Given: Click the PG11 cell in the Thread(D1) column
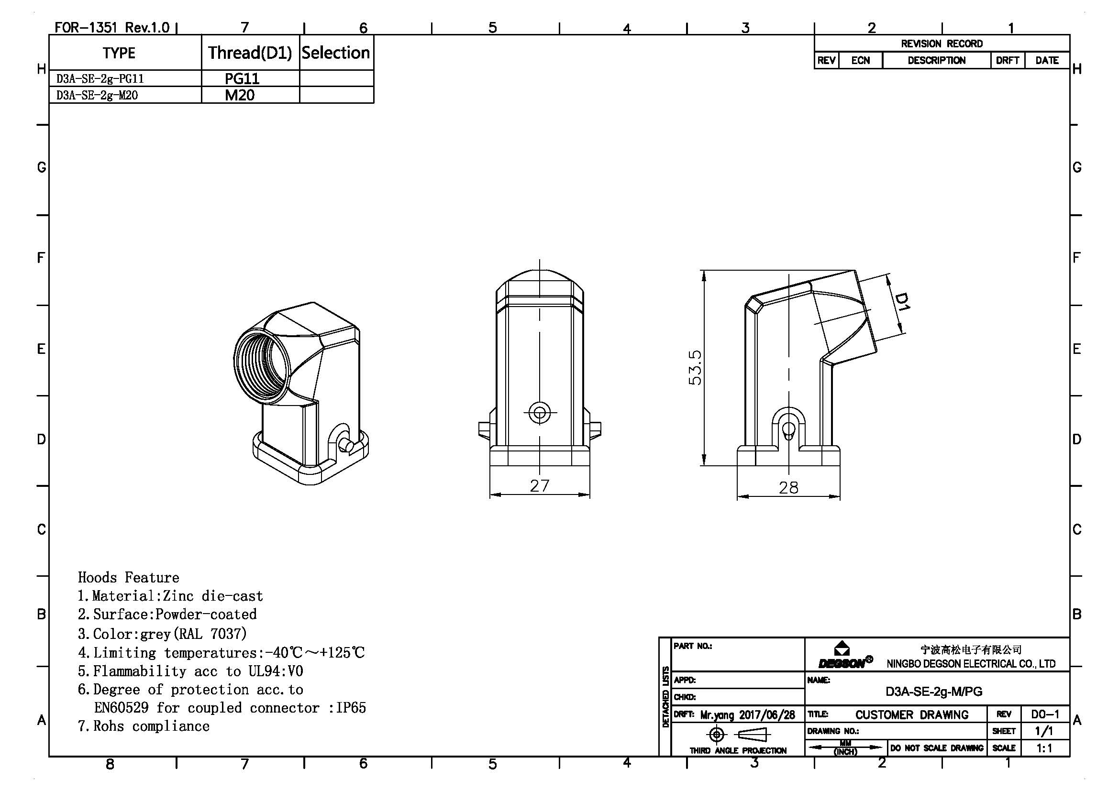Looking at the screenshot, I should pyautogui.click(x=242, y=78).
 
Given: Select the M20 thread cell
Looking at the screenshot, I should pyautogui.click(x=239, y=95).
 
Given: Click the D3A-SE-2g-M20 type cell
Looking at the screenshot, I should pyautogui.click(x=97, y=95).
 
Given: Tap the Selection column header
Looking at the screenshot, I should pyautogui.click(x=336, y=53).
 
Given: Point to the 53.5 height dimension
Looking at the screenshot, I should pyautogui.click(x=695, y=367).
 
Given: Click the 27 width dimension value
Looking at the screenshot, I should pyautogui.click(x=540, y=485).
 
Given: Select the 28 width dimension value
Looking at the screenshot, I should pyautogui.click(x=788, y=487).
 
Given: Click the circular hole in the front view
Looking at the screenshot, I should pyautogui.click(x=540, y=413).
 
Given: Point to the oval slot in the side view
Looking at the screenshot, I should pyautogui.click(x=788, y=430).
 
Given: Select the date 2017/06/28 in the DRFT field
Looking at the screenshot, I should pyautogui.click(x=766, y=715).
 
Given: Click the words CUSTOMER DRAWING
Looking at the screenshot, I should pyautogui.click(x=912, y=714).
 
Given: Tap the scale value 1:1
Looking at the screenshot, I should pyautogui.click(x=1044, y=748).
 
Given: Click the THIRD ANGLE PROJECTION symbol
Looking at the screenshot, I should pyautogui.click(x=738, y=735).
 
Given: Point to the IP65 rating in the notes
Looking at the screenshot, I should pyautogui.click(x=351, y=708).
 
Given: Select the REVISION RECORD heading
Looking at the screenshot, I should pyautogui.click(x=942, y=44).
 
